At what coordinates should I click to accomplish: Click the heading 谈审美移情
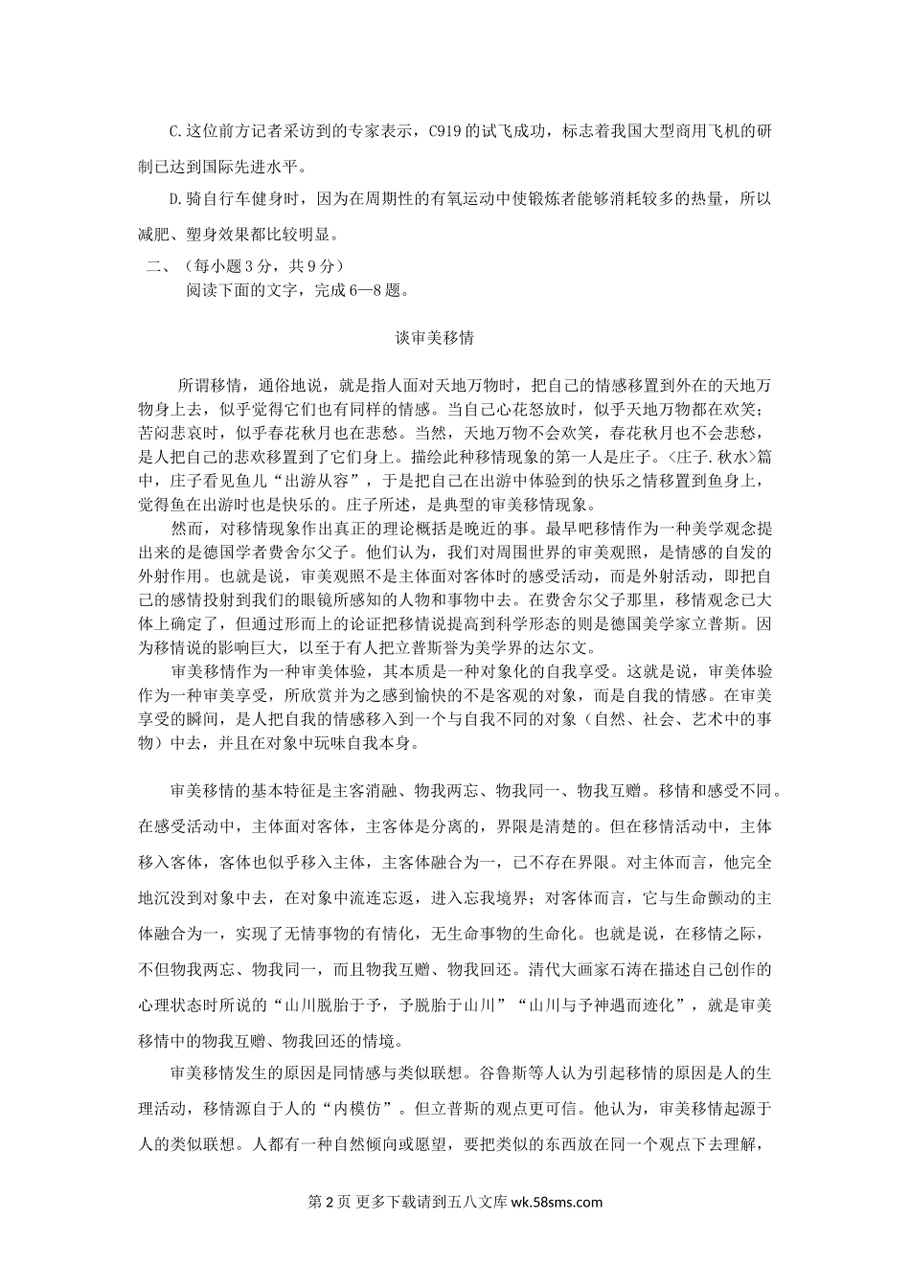click(435, 338)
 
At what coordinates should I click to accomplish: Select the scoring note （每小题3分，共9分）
click(256, 266)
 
